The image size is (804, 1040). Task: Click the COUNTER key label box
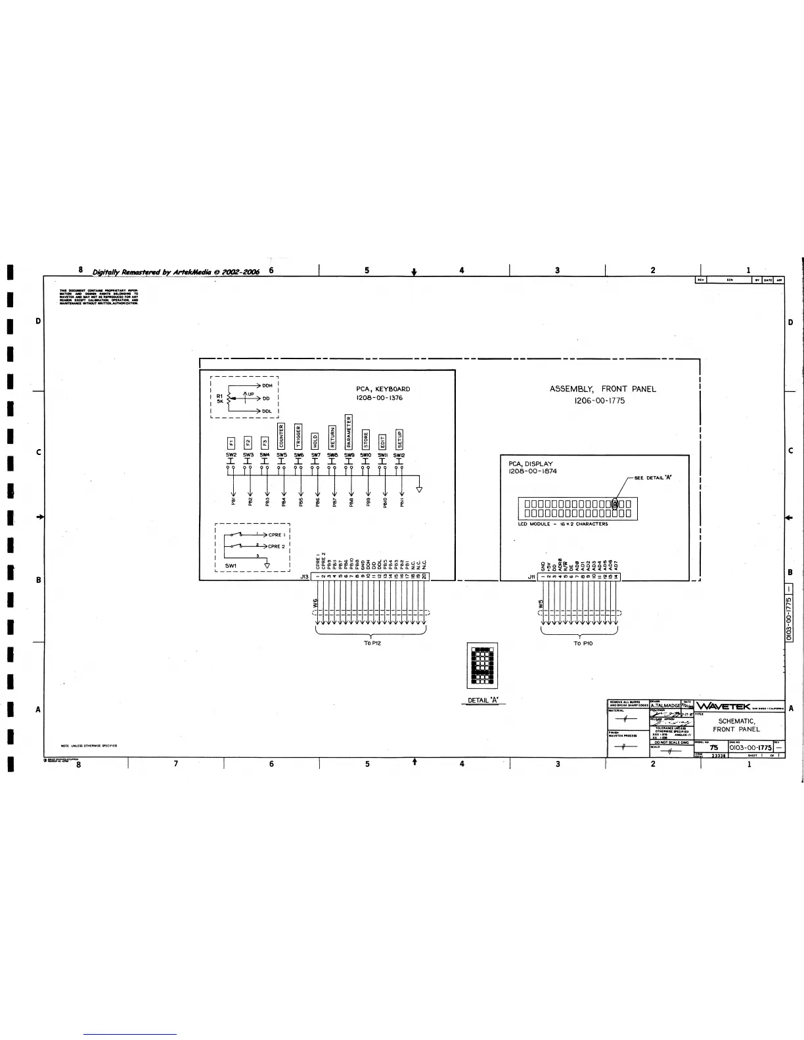(x=281, y=436)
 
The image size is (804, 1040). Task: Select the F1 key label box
(x=231, y=443)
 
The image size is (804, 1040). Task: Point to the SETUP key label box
(x=399, y=439)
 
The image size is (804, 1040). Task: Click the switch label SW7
(x=315, y=454)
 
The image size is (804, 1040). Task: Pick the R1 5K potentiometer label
(x=219, y=399)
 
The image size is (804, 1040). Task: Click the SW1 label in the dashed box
(x=231, y=565)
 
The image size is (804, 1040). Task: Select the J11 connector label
(x=531, y=576)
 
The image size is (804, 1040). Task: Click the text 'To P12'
(x=372, y=643)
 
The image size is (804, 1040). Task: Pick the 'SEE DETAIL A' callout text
(x=652, y=477)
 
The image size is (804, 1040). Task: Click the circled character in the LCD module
(x=615, y=504)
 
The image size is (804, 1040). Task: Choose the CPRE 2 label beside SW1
(x=276, y=546)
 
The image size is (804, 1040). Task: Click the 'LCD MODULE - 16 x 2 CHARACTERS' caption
(x=563, y=524)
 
